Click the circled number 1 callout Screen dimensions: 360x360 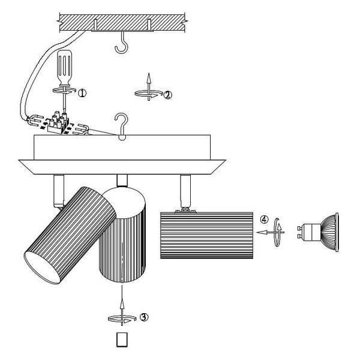tap(82, 93)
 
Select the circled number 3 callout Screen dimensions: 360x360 tap(144, 317)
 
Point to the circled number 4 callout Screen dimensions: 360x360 tap(265, 220)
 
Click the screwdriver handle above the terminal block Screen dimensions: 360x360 tap(65, 67)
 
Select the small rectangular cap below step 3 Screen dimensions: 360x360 tap(122, 340)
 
